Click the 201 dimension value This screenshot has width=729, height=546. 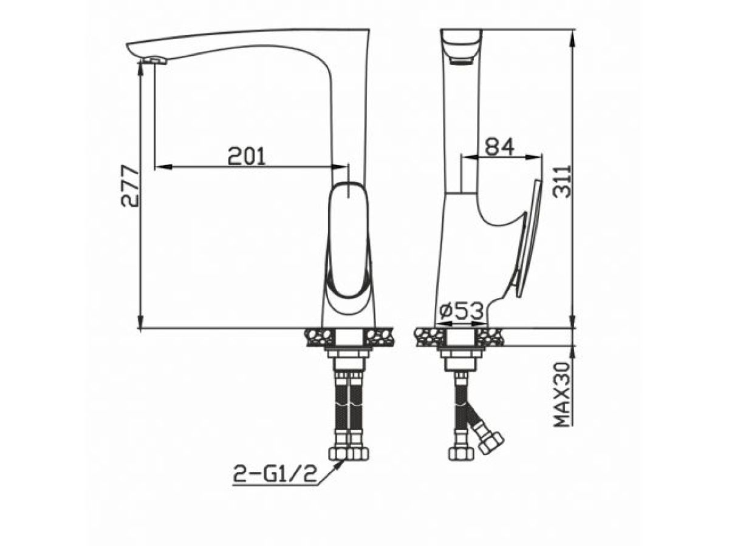click(247, 156)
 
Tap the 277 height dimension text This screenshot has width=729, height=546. click(130, 186)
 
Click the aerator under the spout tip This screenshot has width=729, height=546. click(155, 59)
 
